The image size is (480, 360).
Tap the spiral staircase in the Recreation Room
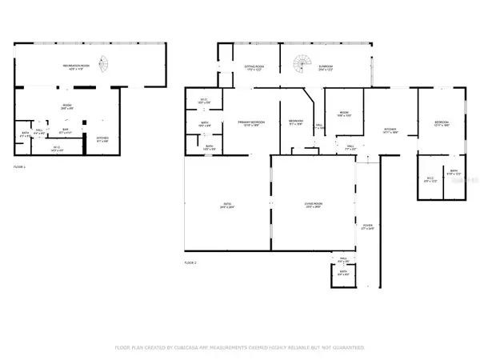pos(102,62)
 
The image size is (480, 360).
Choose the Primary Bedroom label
pos(250,122)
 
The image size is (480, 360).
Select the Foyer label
pos(367,227)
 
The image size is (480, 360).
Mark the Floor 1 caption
pos(20,166)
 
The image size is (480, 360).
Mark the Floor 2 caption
pos(190,262)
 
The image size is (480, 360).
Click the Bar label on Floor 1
pos(66,130)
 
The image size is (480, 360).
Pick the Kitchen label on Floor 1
pos(102,138)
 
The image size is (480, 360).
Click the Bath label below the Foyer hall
pos(342,274)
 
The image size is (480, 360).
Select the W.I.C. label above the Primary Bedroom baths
pos(203,101)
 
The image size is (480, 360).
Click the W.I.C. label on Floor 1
pos(57,149)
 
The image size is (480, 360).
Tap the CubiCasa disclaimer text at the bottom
pos(240,348)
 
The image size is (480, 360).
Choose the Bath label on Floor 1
pos(25,135)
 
